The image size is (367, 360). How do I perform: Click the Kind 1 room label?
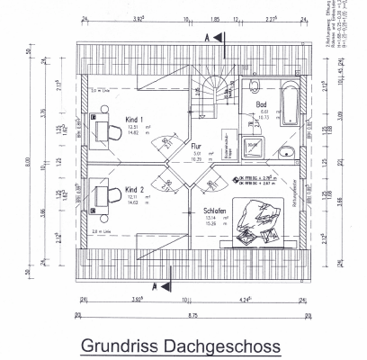point(135,119)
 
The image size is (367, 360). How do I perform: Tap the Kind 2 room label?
point(135,189)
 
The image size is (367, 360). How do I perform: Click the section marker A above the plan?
point(208,37)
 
